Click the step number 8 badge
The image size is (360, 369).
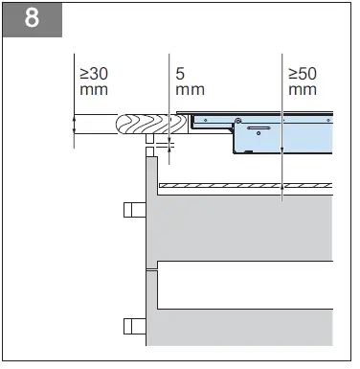pos(31,20)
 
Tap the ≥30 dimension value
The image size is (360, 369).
pos(94,73)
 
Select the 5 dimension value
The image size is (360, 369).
pos(181,73)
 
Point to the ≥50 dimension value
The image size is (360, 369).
pos(302,73)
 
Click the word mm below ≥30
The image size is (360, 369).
pos(93,90)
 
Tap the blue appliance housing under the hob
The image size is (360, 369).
pos(278,134)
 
